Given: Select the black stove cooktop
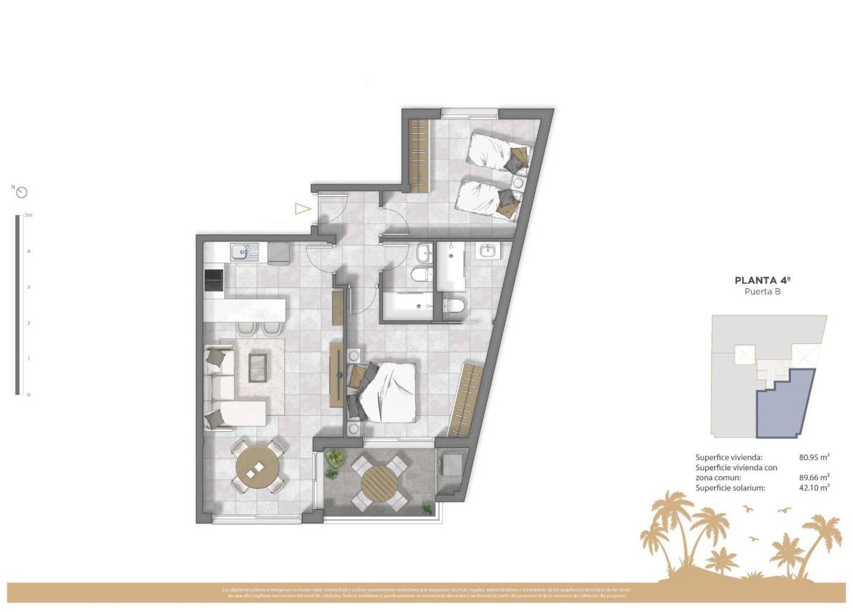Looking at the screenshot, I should click(x=213, y=281).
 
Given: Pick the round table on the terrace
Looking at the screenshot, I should click(x=379, y=482).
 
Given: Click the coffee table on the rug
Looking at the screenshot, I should click(x=257, y=366).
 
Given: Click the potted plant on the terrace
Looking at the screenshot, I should click(x=334, y=458).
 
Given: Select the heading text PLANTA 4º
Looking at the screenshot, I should click(x=762, y=281).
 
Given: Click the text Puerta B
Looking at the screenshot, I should click(x=762, y=292).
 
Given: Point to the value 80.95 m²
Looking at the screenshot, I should click(x=814, y=458).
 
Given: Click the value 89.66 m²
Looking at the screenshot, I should click(x=814, y=478).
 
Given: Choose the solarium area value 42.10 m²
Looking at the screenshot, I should click(x=814, y=488).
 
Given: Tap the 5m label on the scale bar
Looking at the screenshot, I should click(x=28, y=216).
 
